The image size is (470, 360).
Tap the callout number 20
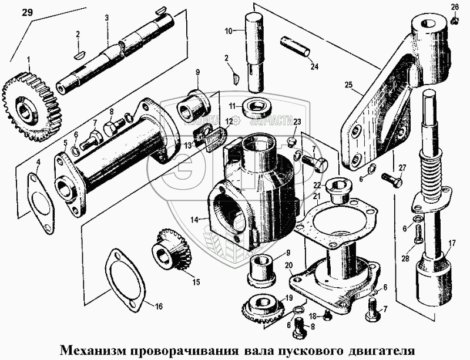point(288,265)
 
